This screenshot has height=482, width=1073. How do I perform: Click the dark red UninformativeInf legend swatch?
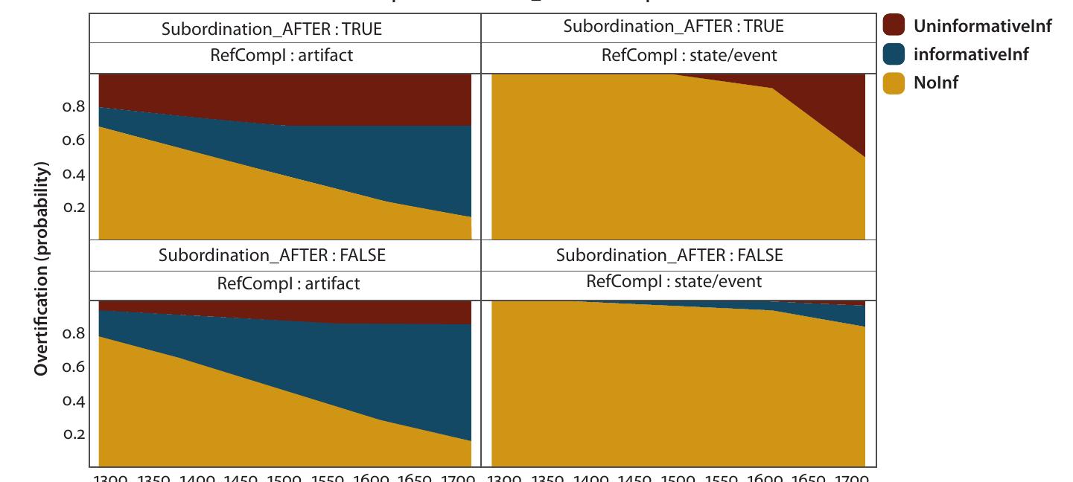coord(894,25)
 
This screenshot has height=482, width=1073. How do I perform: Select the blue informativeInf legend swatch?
coord(894,54)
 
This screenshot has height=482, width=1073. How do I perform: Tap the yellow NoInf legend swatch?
coord(894,83)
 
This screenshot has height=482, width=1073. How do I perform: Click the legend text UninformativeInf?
coord(982,26)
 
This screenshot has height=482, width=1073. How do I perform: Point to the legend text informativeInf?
coord(971,54)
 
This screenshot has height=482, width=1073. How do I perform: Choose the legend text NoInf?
coord(936,83)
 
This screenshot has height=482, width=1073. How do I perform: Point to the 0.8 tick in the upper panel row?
coord(73,106)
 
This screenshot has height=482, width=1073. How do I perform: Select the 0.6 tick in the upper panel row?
coord(73,140)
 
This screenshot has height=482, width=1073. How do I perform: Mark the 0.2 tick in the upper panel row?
coord(73,207)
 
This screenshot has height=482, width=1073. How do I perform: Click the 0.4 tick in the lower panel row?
coord(73,401)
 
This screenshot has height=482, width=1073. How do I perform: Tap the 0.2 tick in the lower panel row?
coord(73,434)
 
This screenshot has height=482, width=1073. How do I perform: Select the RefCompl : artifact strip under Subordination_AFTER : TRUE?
coord(284,55)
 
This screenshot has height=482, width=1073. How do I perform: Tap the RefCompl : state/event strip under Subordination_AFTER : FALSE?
coord(673,281)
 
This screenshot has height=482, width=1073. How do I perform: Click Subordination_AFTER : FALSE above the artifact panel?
coord(272,255)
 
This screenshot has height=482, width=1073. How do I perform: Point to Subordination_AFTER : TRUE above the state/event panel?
coord(673,26)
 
